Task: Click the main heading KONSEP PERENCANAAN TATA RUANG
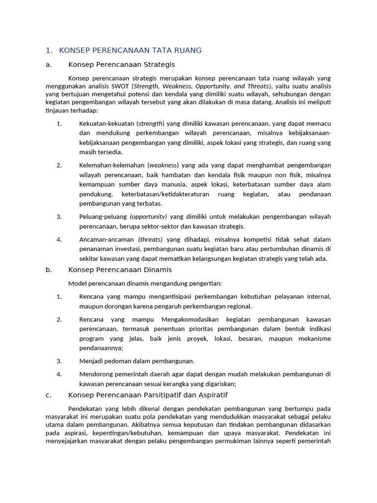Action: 130,51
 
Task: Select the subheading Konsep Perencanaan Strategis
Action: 121,64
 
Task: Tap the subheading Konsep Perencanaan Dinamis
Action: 120,270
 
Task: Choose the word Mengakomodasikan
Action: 180,319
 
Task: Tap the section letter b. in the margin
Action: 48,270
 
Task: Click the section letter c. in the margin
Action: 48,395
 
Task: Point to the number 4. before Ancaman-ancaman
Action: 59,239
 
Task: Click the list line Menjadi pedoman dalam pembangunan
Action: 136,361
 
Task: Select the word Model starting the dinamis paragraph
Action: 78,283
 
